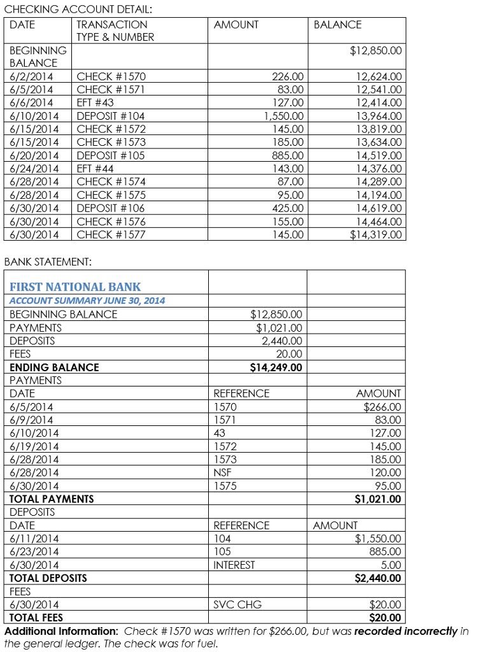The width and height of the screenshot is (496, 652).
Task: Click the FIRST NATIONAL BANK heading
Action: [75, 287]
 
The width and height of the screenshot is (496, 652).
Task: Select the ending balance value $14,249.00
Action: [276, 367]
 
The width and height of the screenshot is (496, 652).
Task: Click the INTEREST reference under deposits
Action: [234, 565]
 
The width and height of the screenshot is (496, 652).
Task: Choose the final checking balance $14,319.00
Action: [376, 235]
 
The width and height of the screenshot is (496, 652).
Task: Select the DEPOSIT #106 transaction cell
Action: [111, 208]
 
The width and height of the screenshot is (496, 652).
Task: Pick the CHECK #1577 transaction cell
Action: [111, 235]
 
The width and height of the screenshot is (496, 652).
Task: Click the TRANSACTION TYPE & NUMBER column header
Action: [115, 31]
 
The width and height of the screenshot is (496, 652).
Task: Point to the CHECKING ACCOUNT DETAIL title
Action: [78, 10]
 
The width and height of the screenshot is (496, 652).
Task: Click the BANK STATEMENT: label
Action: [48, 262]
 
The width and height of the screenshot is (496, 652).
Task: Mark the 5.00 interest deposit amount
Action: [391, 565]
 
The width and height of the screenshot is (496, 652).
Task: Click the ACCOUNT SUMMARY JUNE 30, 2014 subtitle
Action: [87, 301]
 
